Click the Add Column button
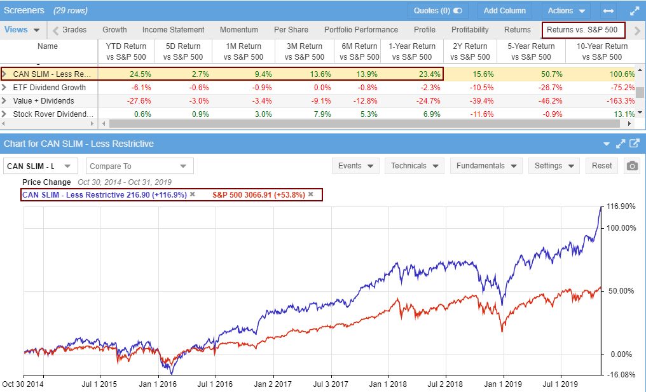click(504, 11)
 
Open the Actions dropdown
click(566, 11)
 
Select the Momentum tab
click(239, 30)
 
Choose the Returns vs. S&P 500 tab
click(583, 30)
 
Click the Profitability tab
click(470, 30)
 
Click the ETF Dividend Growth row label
click(50, 88)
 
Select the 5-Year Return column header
click(531, 51)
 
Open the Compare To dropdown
click(139, 166)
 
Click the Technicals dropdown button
click(413, 166)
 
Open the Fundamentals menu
click(486, 166)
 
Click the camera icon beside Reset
click(631, 166)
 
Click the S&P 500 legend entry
click(258, 194)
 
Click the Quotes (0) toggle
click(437, 11)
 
